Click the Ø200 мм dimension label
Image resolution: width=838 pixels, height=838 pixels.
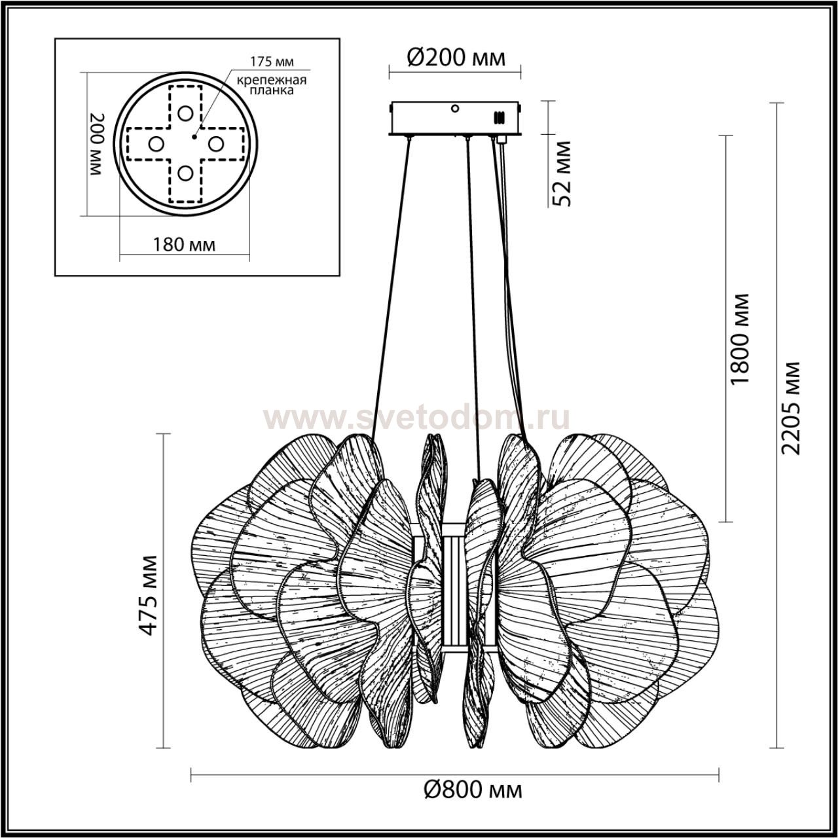pyautogui.click(x=456, y=58)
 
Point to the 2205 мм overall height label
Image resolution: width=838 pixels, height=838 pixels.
pyautogui.click(x=793, y=407)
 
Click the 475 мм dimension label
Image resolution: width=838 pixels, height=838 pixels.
pyautogui.click(x=150, y=594)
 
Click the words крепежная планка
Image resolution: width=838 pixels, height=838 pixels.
pyautogui.click(x=272, y=86)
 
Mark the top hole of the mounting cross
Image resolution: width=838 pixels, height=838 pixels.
pyautogui.click(x=186, y=113)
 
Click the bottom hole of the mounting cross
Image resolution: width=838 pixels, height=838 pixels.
pyautogui.click(x=186, y=173)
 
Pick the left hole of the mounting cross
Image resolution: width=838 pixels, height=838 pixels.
pyautogui.click(x=156, y=143)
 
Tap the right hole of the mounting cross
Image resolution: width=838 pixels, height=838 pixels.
pyautogui.click(x=216, y=143)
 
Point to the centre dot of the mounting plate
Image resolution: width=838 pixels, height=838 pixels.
pyautogui.click(x=194, y=136)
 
